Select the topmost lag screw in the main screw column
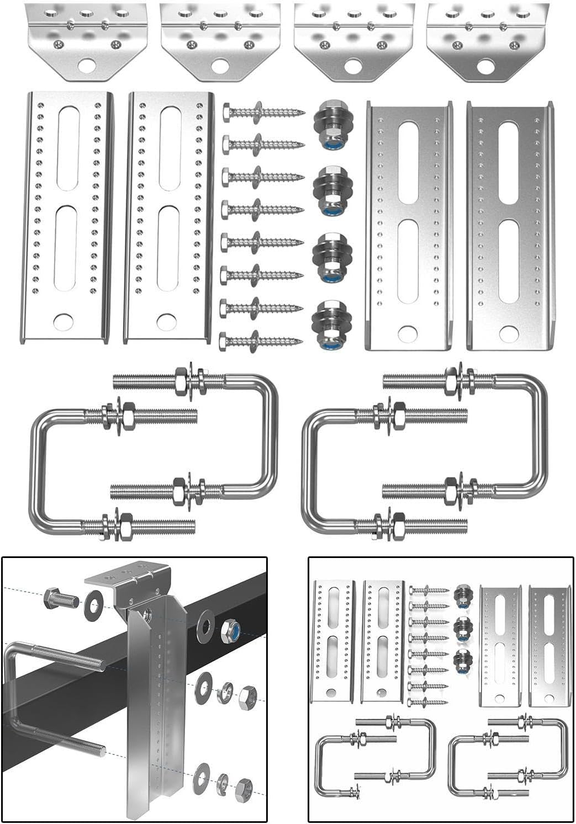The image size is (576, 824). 263,113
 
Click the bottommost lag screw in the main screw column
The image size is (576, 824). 261,341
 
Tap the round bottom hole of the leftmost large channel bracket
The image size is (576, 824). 64,321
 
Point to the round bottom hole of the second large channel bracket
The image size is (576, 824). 166,321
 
